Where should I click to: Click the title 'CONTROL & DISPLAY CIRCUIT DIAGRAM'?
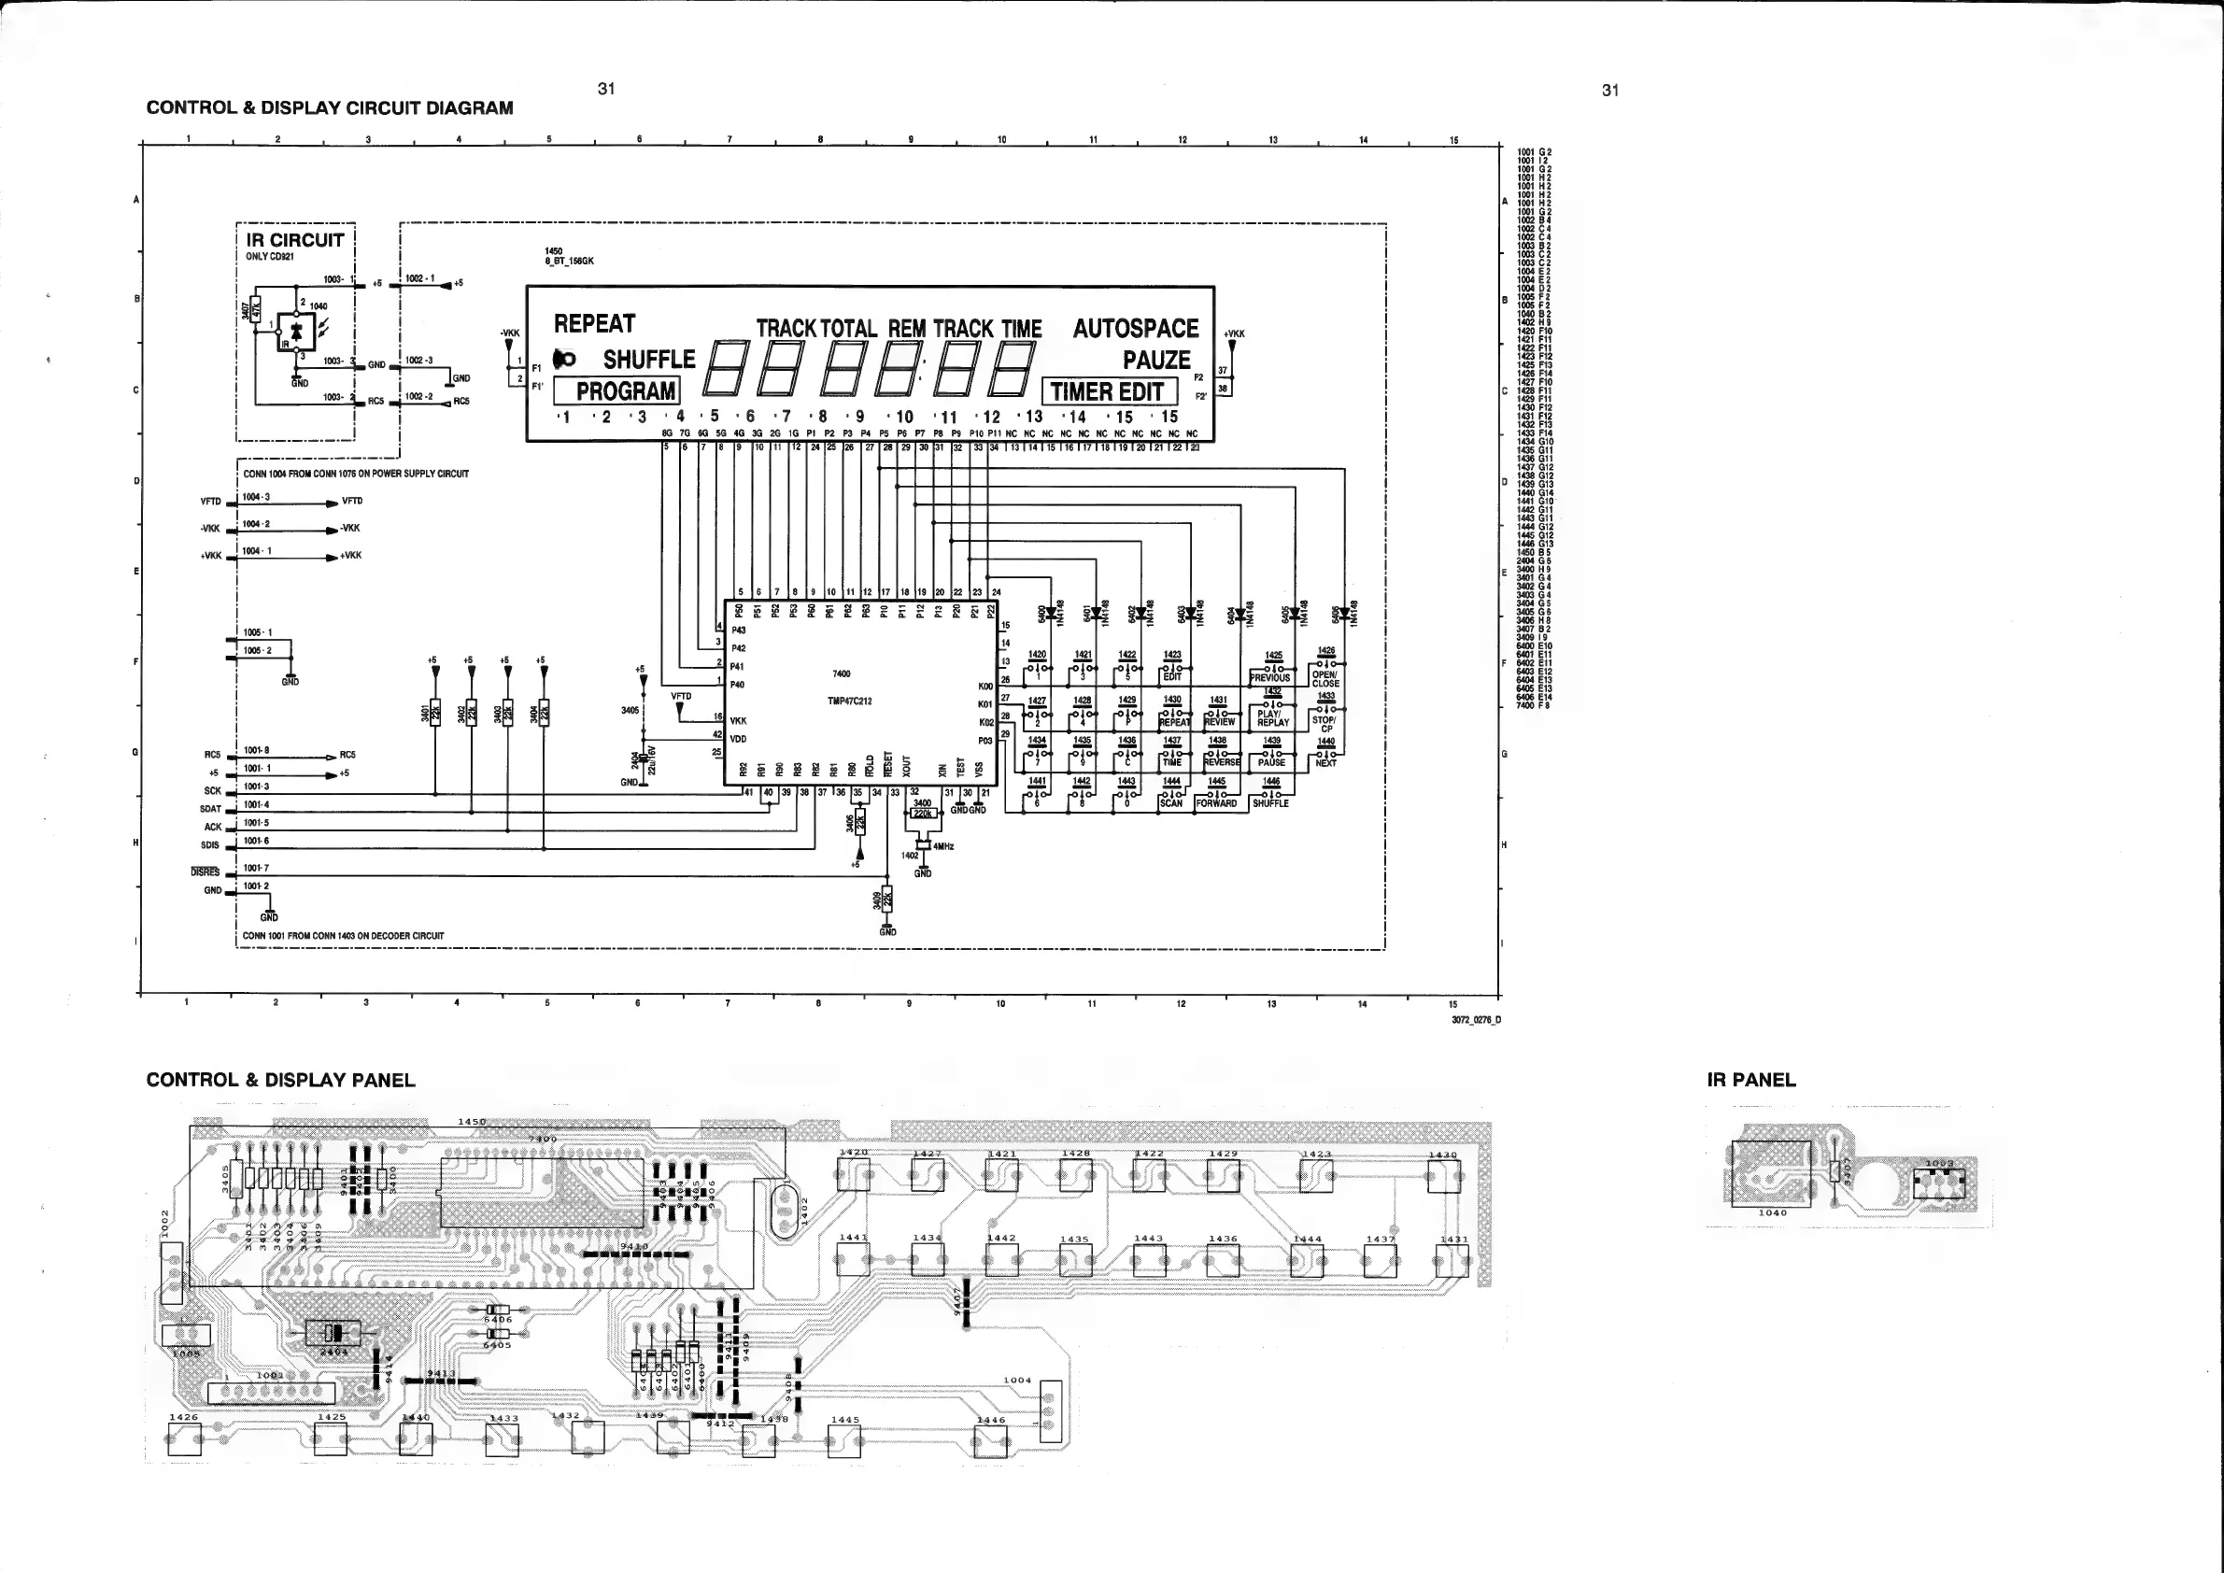[x=330, y=107]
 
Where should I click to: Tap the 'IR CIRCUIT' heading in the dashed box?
[x=294, y=240]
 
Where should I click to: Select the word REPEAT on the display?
[x=594, y=323]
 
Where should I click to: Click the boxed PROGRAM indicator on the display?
[x=626, y=391]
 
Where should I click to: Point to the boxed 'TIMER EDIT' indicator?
[x=1107, y=392]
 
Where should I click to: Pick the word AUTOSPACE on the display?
[x=1135, y=329]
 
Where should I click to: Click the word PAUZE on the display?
[x=1156, y=361]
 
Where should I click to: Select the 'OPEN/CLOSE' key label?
[x=1325, y=679]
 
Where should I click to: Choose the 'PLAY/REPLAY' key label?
[x=1273, y=717]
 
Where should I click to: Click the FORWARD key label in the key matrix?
[x=1216, y=803]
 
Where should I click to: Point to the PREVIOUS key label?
[x=1270, y=678]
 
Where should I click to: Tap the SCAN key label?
[x=1171, y=803]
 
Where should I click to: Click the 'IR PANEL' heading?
[x=1750, y=1080]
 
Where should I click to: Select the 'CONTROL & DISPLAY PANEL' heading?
[x=280, y=1080]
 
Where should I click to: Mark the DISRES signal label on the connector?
[x=205, y=872]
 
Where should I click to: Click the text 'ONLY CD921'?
[x=270, y=258]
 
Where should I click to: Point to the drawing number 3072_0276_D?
[x=1475, y=1020]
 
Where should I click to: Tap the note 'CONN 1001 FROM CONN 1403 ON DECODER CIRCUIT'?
[x=343, y=936]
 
